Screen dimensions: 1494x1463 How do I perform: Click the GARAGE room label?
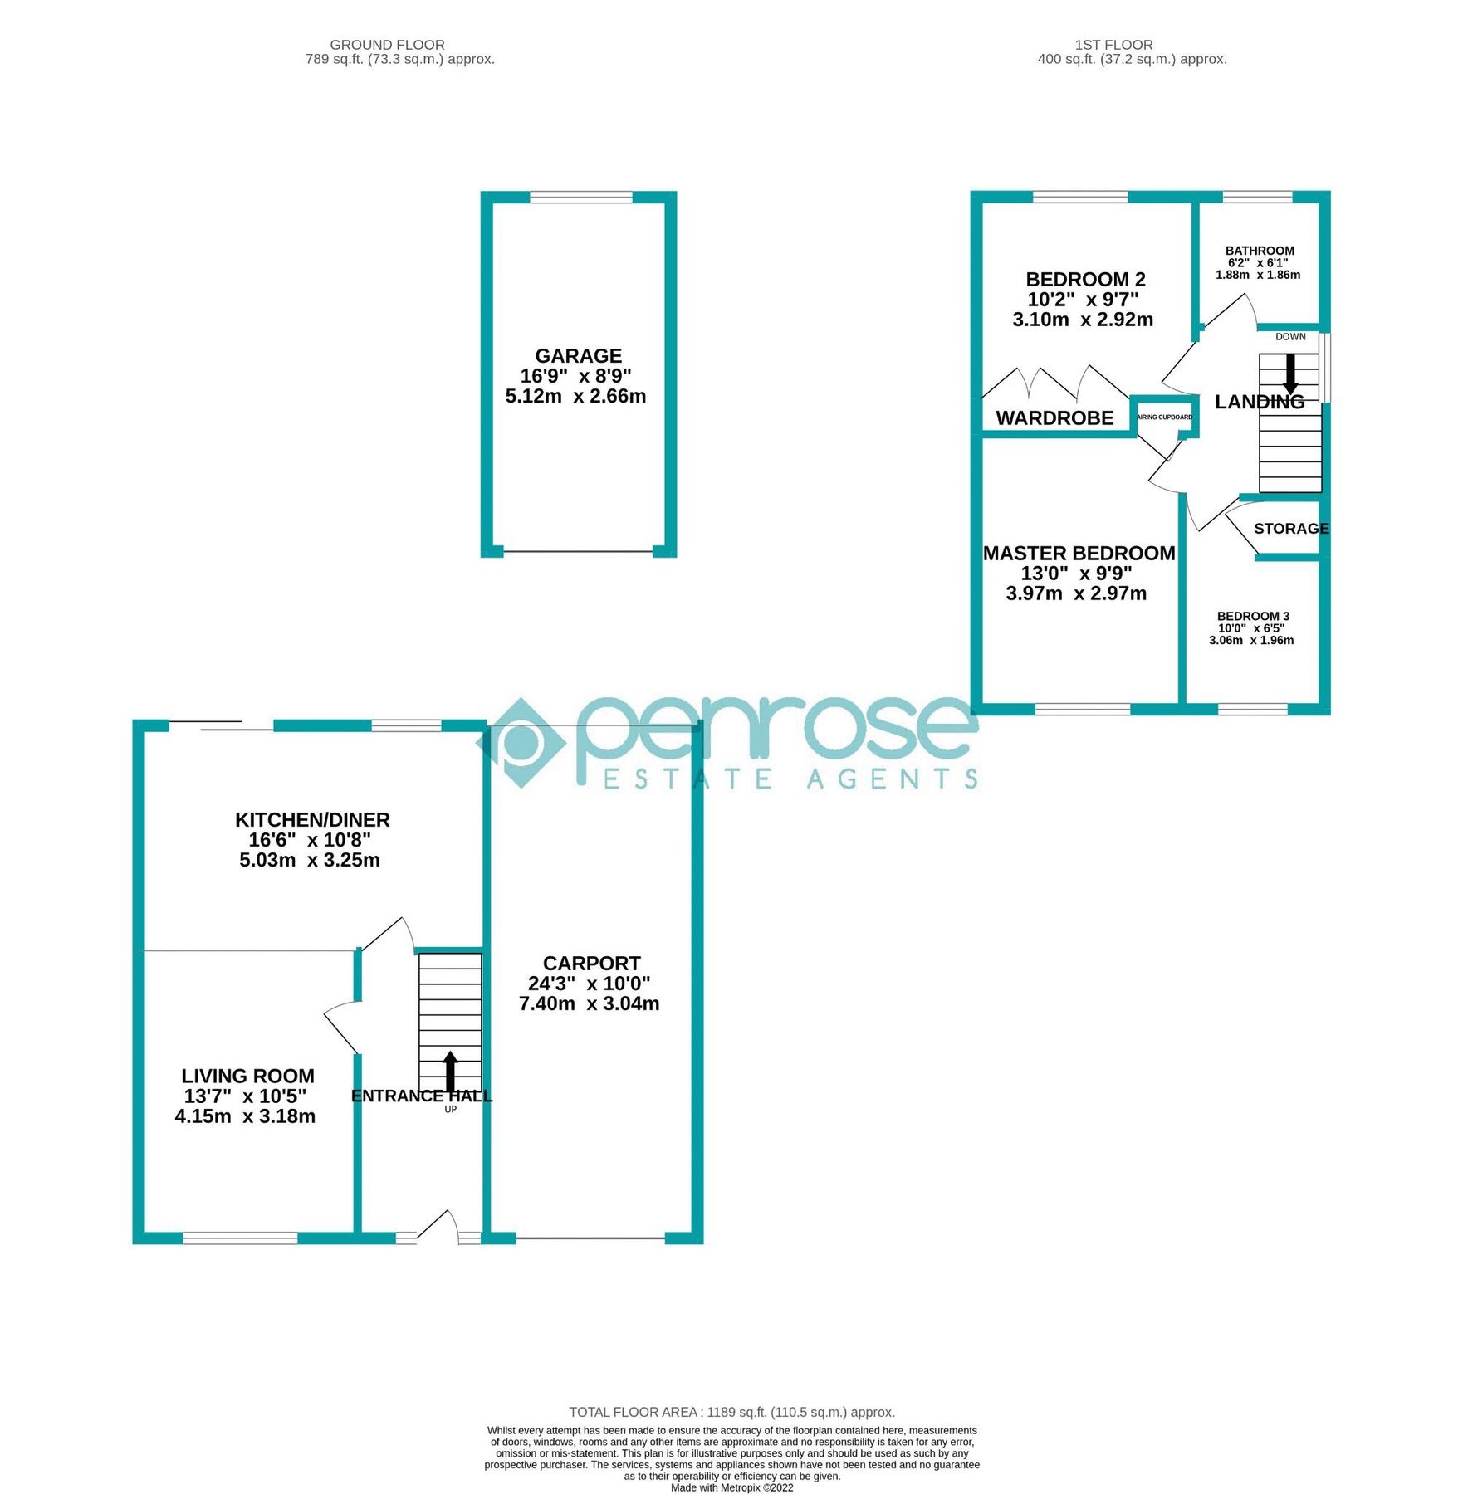pos(578,356)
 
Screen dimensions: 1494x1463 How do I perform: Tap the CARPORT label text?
pos(591,964)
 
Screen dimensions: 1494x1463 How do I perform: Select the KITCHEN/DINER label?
pos(312,820)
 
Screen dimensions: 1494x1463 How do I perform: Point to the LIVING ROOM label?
pos(247,1077)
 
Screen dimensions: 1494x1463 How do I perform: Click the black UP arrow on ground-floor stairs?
pos(450,1072)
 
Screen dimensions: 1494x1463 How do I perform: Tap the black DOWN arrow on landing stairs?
pos(1290,374)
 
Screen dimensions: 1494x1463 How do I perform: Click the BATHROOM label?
pos(1260,251)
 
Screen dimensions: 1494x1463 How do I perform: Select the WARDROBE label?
pos(1054,418)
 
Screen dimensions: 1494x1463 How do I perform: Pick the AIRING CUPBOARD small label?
pos(1164,417)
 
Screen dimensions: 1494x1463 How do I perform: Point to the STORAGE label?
pos(1291,529)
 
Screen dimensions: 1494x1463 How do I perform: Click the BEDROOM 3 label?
pos(1253,616)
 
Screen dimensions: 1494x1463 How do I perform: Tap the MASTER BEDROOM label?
pos(1079,554)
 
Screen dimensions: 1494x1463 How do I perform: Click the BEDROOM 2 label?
pos(1085,280)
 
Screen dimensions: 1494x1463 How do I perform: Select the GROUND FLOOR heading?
pos(387,45)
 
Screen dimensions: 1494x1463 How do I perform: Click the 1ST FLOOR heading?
pos(1113,45)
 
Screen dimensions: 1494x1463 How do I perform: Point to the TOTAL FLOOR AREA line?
pos(731,1412)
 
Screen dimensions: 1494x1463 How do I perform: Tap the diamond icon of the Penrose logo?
pos(520,743)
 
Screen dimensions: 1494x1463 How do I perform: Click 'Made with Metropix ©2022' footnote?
pos(731,1487)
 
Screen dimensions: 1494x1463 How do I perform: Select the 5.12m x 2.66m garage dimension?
pos(575,397)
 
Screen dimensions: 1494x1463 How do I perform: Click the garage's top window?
pos(580,198)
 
